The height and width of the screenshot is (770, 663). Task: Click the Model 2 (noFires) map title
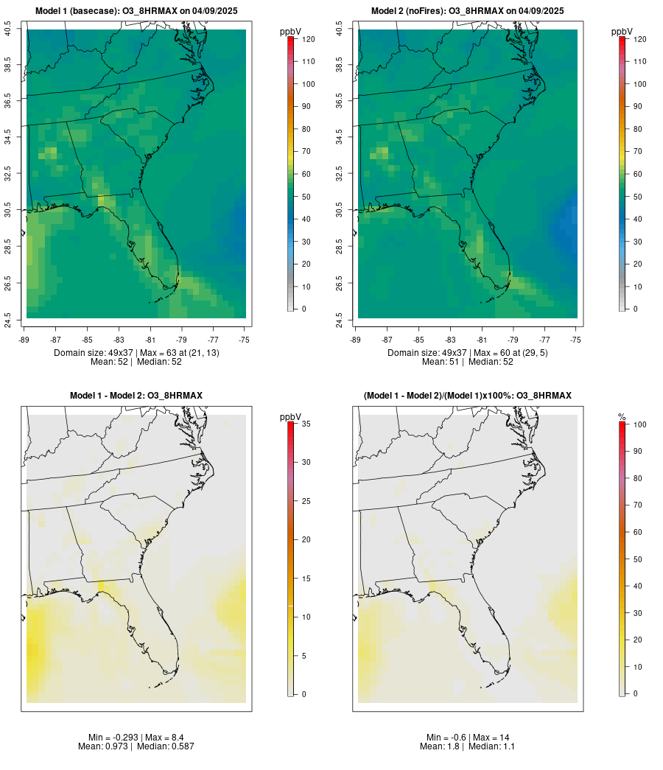coord(468,11)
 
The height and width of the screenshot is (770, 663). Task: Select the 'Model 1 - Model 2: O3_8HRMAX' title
coord(136,396)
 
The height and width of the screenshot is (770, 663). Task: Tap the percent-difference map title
coord(468,396)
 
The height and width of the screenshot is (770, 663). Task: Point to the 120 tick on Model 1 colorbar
coord(308,39)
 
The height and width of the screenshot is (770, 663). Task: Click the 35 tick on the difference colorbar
coord(305,424)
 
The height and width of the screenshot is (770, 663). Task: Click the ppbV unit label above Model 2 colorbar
coord(622,32)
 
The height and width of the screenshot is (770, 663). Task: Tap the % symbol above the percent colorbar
coord(622,417)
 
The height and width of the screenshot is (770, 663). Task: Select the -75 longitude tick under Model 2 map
coord(575,340)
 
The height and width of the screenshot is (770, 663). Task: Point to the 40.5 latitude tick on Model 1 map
coord(8,29)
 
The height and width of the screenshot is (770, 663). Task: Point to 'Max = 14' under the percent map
coord(491,738)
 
